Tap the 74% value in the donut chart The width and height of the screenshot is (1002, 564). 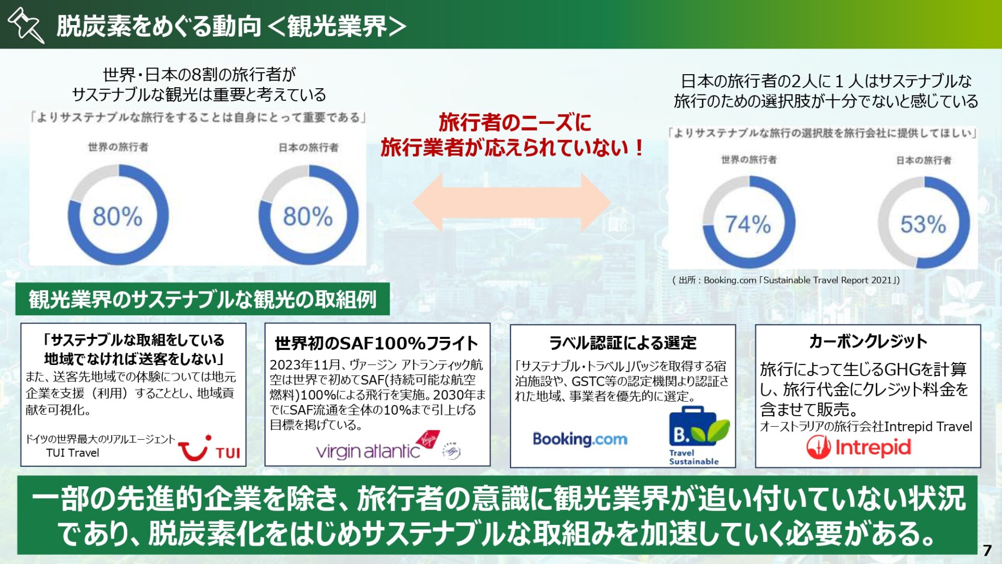(748, 225)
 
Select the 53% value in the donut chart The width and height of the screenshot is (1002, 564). (923, 225)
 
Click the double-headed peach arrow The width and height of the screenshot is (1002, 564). (511, 203)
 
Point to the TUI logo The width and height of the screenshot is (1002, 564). (209, 448)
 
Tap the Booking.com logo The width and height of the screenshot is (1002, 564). (580, 439)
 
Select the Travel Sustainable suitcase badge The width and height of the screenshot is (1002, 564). (698, 436)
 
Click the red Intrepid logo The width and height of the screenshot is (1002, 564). (859, 448)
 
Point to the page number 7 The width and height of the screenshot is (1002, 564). (986, 550)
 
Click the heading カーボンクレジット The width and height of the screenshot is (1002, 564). (868, 342)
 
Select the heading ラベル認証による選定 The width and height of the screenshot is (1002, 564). (623, 343)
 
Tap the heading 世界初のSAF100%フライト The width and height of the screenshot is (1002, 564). (376, 344)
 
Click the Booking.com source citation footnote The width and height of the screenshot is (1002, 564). (786, 280)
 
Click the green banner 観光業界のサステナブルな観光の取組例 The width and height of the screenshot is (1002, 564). (202, 299)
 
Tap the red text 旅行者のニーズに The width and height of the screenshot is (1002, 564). (515, 123)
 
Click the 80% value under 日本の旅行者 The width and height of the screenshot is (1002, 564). (307, 216)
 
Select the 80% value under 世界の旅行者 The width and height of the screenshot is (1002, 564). (117, 216)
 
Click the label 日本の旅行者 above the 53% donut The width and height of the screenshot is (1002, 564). (924, 160)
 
